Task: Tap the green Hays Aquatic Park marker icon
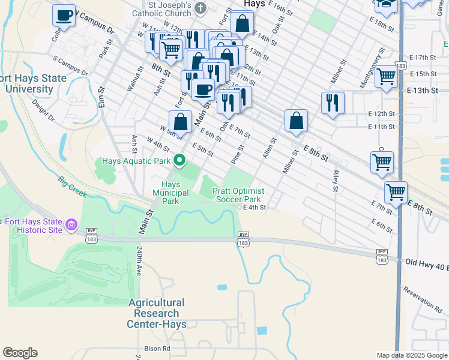tap(179, 160)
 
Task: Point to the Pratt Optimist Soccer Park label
tap(238, 195)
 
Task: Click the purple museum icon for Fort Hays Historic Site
tap(71, 225)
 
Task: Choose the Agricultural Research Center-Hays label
tap(156, 313)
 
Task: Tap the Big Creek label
tap(73, 186)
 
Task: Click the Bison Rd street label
tap(157, 348)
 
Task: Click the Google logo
tap(20, 353)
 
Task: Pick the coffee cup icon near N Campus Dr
tap(64, 16)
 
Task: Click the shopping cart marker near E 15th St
tap(386, 77)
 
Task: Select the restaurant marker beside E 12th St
tap(332, 103)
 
